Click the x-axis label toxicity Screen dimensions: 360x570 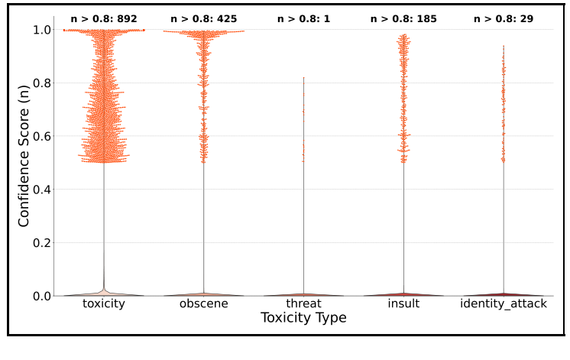pos(104,304)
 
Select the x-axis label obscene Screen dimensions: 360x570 pos(203,304)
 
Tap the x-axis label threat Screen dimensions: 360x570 pos(303,304)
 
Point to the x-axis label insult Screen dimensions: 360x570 pos(403,304)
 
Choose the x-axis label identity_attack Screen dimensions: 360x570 pos(503,304)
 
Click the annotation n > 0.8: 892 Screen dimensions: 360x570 pos(104,18)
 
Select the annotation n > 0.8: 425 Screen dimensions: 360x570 pos(203,18)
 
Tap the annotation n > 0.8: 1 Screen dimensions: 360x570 pos(303,18)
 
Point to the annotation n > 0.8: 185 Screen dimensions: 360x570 pos(403,18)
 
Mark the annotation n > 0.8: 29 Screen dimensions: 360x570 pos(503,18)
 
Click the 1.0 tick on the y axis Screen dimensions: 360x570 pos(42,30)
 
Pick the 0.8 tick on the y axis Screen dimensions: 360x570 pos(42,83)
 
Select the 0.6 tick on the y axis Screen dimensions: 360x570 pos(42,136)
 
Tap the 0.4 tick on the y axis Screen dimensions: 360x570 pos(42,190)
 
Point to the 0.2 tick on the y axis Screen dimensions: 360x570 pos(42,243)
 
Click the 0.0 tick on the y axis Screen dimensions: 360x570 pos(42,296)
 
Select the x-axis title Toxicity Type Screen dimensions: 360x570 pos(303,318)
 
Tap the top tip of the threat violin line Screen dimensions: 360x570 pos(303,77)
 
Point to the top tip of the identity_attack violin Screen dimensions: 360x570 pos(503,45)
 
